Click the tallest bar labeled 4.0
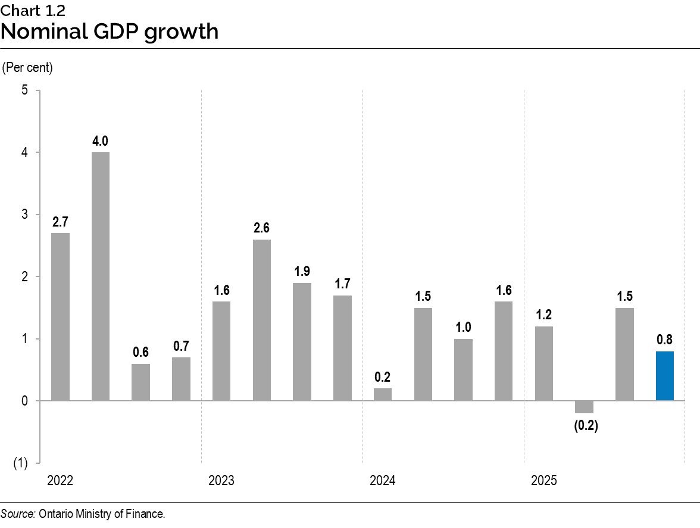pyautogui.click(x=100, y=276)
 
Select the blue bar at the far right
pyautogui.click(x=665, y=376)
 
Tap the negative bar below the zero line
pyautogui.click(x=584, y=407)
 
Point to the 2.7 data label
pyautogui.click(x=60, y=222)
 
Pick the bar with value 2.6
pyautogui.click(x=261, y=320)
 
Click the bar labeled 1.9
pyautogui.click(x=302, y=342)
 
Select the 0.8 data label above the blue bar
pyautogui.click(x=665, y=340)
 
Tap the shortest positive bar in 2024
pyautogui.click(x=383, y=394)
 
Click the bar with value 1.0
pyautogui.click(x=463, y=370)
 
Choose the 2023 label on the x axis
pyautogui.click(x=221, y=480)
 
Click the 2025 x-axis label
pyautogui.click(x=543, y=480)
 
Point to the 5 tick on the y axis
pyautogui.click(x=25, y=90)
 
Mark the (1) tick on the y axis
pyautogui.click(x=21, y=463)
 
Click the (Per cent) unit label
pyautogui.click(x=28, y=68)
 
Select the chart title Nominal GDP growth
pyautogui.click(x=110, y=32)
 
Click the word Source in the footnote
pyautogui.click(x=18, y=514)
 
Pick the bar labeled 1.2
pyautogui.click(x=543, y=363)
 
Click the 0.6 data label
pyautogui.click(x=140, y=352)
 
